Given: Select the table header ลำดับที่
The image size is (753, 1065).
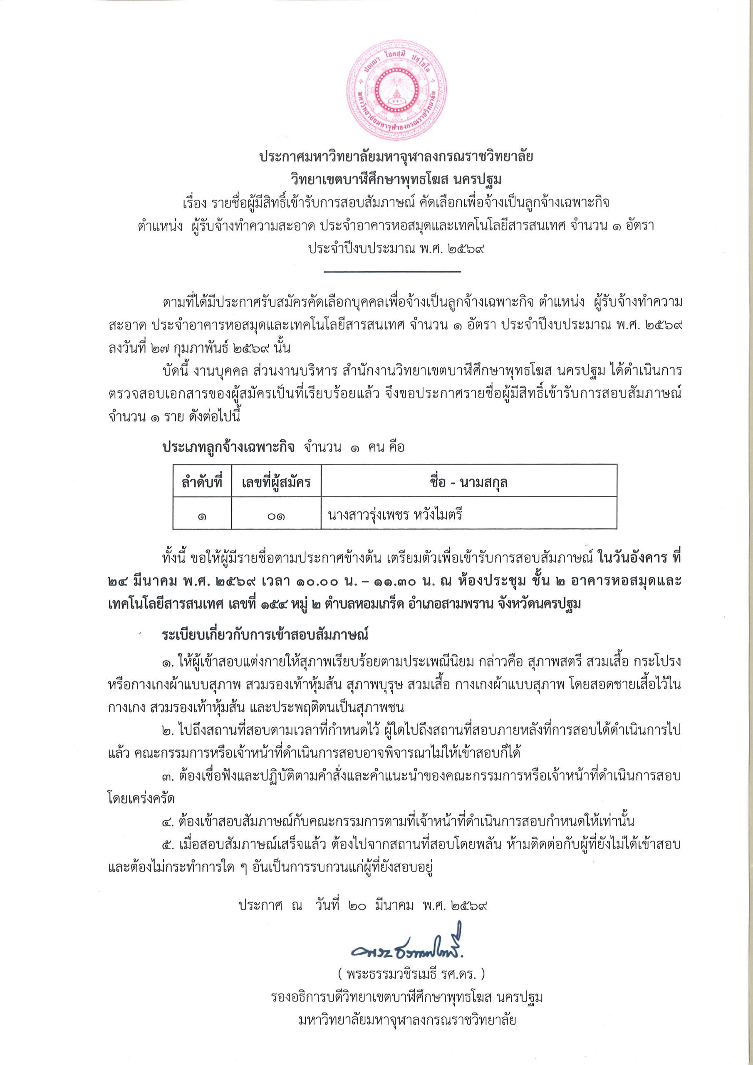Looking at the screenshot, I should pos(202,483).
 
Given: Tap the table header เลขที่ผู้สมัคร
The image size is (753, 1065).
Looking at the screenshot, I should pos(276,483).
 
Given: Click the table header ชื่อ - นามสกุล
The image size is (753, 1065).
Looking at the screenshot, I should pos(468,483).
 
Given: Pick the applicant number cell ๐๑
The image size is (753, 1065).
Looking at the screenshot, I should pos(276,515).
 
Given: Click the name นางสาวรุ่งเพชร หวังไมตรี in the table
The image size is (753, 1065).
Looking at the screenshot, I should pos(396,515).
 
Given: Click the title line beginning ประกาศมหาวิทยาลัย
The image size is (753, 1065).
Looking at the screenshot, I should pos(396,157).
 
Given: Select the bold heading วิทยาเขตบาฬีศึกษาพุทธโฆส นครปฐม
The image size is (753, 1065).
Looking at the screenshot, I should pos(396,179).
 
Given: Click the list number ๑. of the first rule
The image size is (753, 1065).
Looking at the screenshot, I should pos(169,660).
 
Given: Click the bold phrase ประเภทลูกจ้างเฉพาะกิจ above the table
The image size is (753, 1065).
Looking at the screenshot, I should pos(228,447).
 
